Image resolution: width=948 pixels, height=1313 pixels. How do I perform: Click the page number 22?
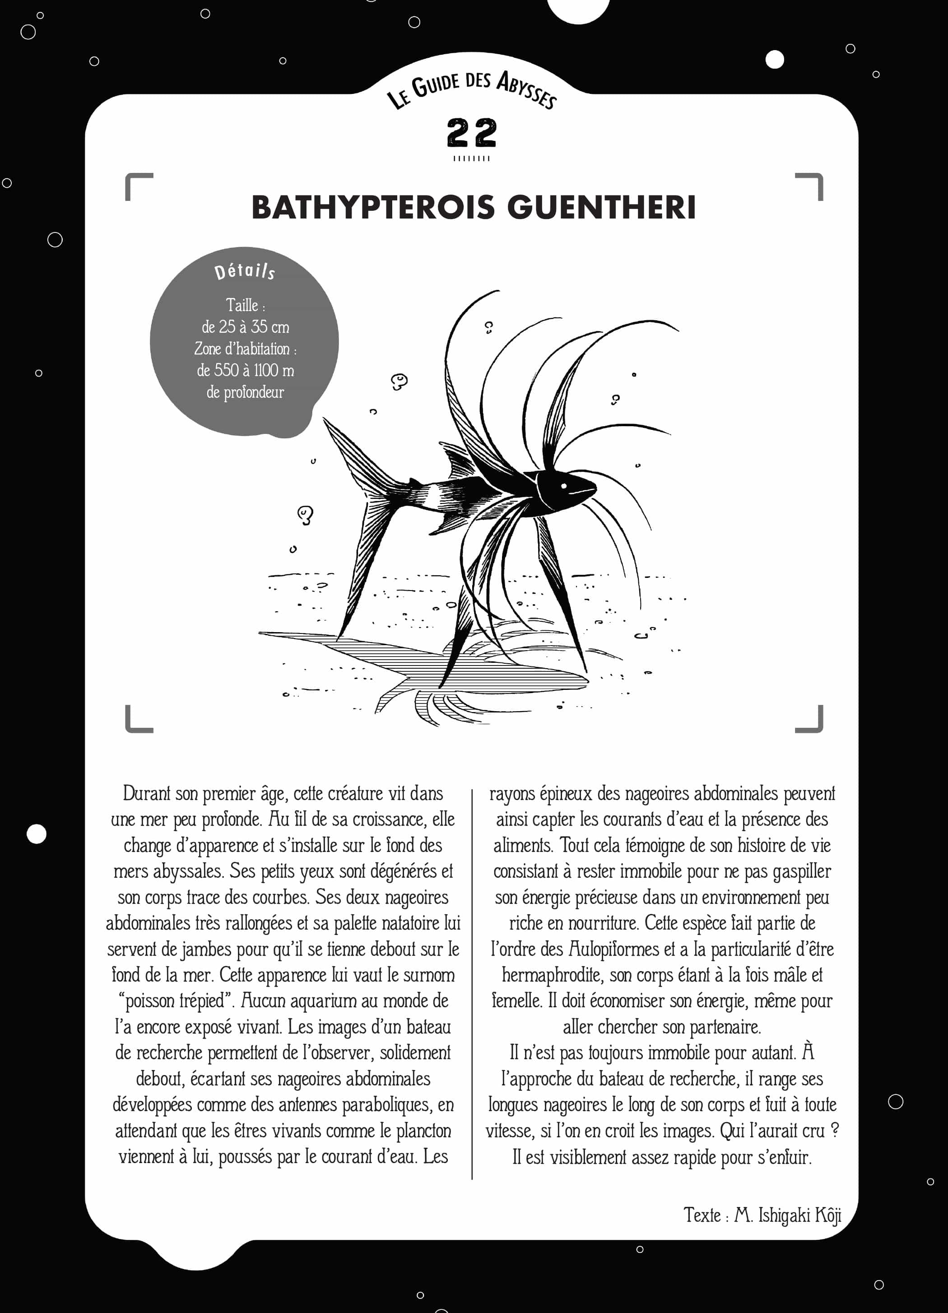tap(472, 133)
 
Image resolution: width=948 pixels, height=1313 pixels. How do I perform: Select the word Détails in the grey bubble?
tap(244, 271)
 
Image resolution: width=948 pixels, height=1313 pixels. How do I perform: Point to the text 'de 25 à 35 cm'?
tap(246, 327)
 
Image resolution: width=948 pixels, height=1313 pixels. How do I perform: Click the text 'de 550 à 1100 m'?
tap(246, 371)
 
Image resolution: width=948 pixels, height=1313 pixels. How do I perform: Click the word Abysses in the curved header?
tap(527, 90)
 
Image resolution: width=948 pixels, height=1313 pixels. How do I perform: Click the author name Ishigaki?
tap(784, 1215)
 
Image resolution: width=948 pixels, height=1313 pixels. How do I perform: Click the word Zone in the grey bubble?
tap(207, 349)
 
